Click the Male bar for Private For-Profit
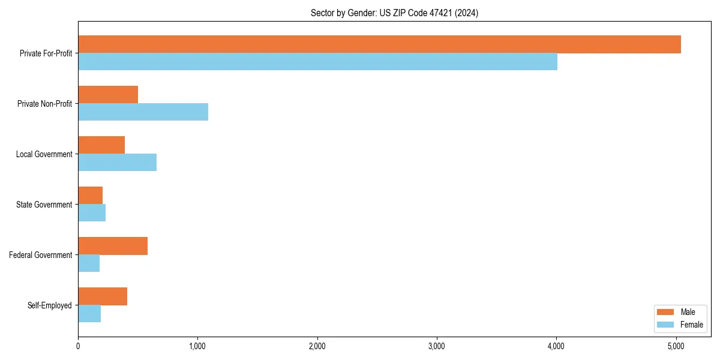(x=379, y=44)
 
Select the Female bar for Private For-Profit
(x=317, y=62)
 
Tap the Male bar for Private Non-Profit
(x=108, y=95)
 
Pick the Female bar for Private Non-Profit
(x=143, y=112)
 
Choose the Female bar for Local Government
(x=117, y=163)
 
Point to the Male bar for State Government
(x=90, y=196)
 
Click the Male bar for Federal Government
(x=113, y=246)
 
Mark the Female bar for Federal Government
(x=89, y=263)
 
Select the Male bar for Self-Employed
(x=103, y=296)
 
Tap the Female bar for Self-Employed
(x=89, y=314)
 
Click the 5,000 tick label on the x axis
(x=676, y=346)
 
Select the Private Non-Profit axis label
(x=44, y=104)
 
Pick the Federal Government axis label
(x=41, y=255)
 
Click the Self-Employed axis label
(x=50, y=305)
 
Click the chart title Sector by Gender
(x=394, y=13)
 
